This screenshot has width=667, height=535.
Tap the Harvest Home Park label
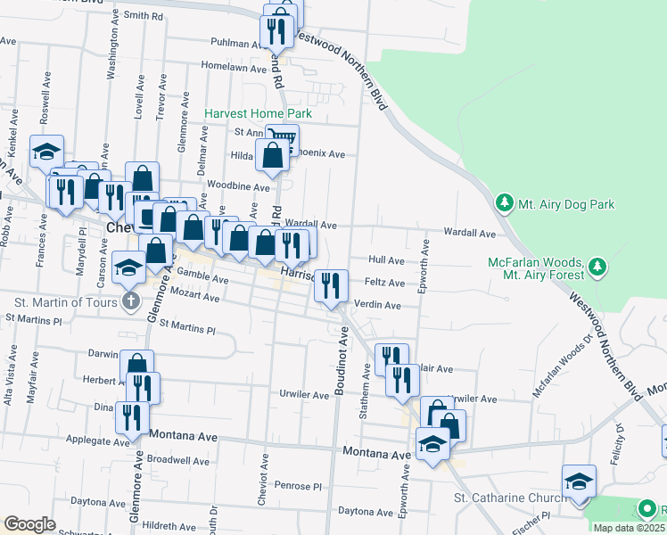(x=258, y=114)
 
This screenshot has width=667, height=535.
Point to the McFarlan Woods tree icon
(x=597, y=267)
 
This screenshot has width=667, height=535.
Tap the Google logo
(x=29, y=523)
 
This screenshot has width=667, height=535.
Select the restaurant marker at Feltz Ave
(x=331, y=286)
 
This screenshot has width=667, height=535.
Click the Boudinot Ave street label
(x=341, y=362)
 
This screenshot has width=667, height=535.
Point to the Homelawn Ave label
(x=234, y=68)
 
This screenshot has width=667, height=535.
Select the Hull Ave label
(x=386, y=260)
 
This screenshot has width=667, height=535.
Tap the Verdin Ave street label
(x=377, y=305)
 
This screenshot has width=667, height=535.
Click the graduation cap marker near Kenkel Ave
(x=46, y=152)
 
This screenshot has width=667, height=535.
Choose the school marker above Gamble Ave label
(x=129, y=267)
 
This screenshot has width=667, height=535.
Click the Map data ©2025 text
(x=629, y=528)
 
